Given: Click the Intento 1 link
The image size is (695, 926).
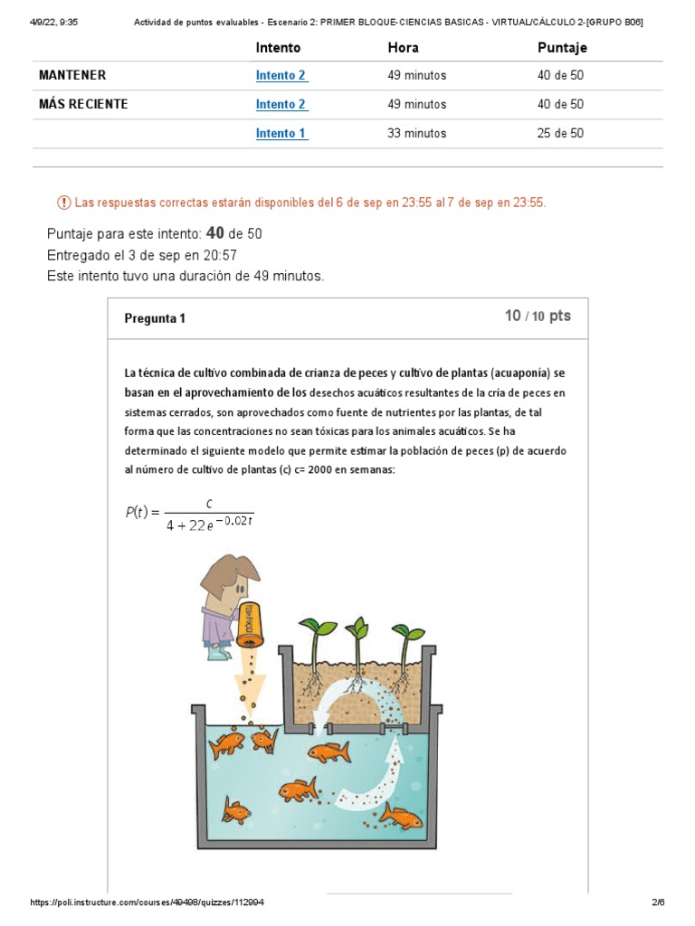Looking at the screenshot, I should [x=281, y=133].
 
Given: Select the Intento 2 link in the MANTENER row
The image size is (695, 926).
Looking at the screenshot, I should [x=281, y=75].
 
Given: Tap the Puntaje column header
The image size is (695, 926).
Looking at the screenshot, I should [x=562, y=47].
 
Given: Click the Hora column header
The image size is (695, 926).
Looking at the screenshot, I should [x=403, y=47].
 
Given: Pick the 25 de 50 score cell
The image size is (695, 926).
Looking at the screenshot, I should [x=560, y=133].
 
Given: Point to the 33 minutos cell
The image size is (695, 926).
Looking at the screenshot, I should [x=416, y=133].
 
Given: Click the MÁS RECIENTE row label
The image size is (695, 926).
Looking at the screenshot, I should [x=83, y=104].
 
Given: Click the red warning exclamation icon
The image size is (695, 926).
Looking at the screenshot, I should [x=63, y=203].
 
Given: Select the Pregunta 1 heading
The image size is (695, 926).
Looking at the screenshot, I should [x=155, y=318].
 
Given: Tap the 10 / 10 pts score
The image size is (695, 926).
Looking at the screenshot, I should [x=538, y=316].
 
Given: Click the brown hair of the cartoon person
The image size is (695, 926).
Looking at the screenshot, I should [x=225, y=574].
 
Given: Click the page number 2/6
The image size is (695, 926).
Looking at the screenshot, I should [x=658, y=902].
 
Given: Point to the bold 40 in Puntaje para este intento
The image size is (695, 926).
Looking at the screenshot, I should [x=215, y=233].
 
